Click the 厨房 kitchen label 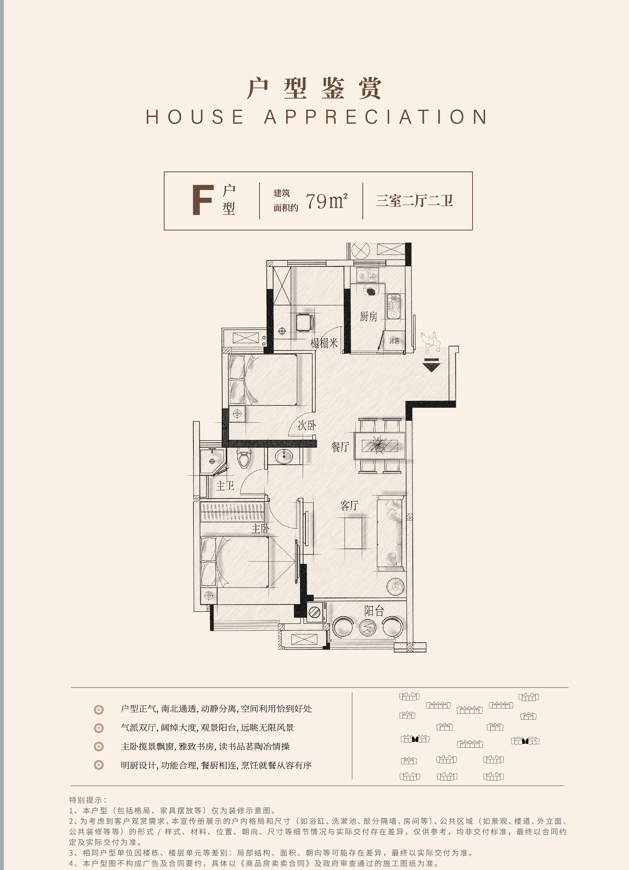point(368,317)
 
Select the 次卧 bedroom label point(307,425)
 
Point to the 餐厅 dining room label point(340,446)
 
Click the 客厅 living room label point(349,505)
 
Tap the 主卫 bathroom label point(225,486)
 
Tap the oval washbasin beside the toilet point(284,456)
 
